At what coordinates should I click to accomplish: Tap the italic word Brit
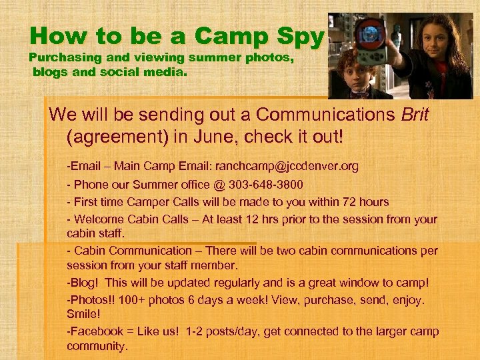[415, 115]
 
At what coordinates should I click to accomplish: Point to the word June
[217, 137]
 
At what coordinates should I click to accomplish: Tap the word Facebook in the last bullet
[95, 331]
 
